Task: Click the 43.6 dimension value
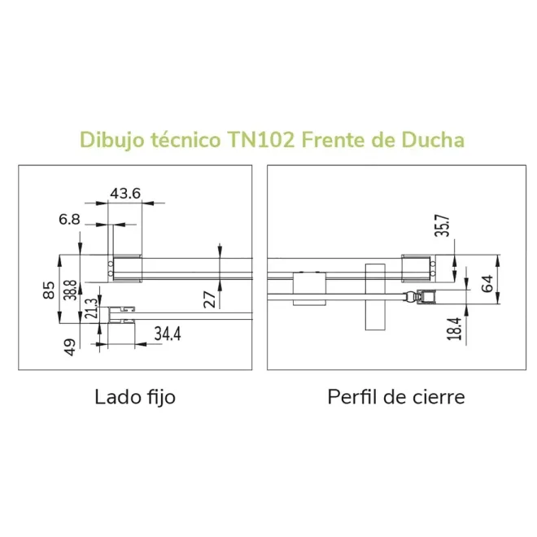125,194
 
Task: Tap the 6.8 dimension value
69,219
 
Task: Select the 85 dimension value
49,290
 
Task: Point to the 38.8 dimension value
71,290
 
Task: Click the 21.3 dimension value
91,308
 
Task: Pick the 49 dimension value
70,347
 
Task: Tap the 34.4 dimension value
168,334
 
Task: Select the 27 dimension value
210,299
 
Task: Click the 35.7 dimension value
442,225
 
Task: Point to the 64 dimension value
487,284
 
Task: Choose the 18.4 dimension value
455,329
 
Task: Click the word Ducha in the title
433,140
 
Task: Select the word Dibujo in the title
112,140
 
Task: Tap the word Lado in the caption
115,397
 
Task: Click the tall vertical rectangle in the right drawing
375,297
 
